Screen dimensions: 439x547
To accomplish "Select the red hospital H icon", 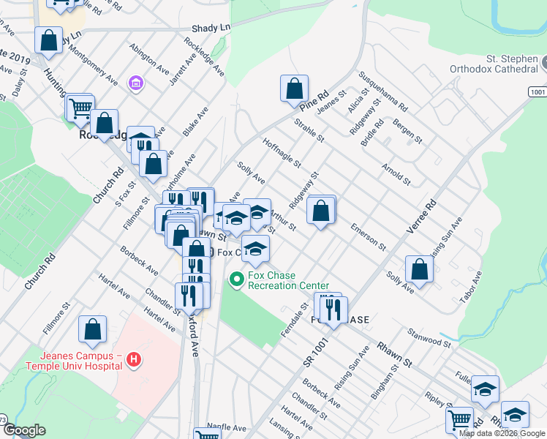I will click(x=133, y=359).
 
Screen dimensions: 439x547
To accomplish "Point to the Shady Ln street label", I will click(x=211, y=28).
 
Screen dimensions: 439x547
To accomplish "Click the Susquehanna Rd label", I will click(x=383, y=91).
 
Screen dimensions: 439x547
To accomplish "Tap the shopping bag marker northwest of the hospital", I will click(x=93, y=331).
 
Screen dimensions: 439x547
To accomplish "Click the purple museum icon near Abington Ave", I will click(x=135, y=85).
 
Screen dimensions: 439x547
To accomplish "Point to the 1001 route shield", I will click(x=537, y=91).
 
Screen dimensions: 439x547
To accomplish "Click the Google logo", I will click(x=24, y=430).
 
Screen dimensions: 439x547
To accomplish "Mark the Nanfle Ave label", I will click(x=227, y=427).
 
